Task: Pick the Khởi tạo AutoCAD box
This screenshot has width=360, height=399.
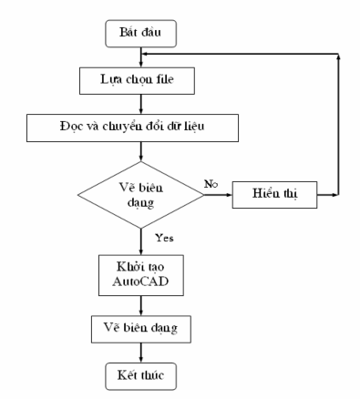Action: click(x=141, y=272)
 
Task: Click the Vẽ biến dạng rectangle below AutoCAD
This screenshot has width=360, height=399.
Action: click(x=141, y=325)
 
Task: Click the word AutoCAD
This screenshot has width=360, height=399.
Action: click(x=141, y=281)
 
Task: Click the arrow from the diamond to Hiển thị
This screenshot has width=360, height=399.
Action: click(x=221, y=194)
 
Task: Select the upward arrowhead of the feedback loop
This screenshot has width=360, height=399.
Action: click(x=340, y=57)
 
